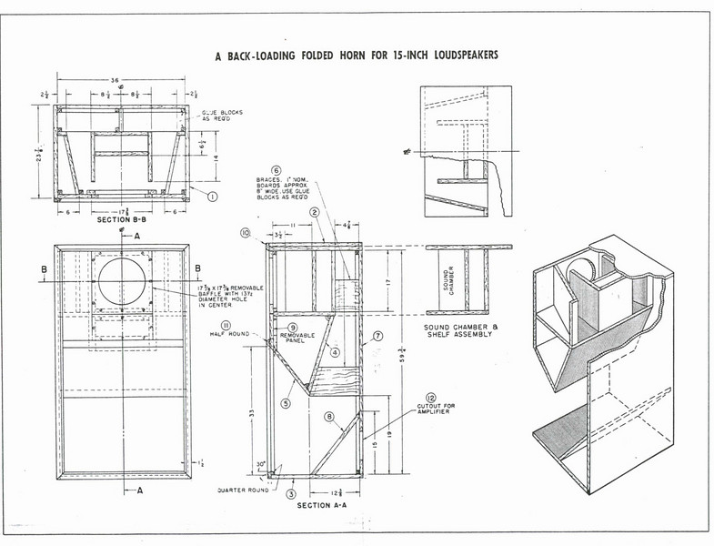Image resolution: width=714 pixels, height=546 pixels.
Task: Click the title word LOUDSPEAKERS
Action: (x=457, y=55)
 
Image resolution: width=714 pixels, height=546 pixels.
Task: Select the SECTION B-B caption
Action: (x=121, y=219)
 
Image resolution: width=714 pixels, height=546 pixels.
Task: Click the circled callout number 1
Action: (x=212, y=195)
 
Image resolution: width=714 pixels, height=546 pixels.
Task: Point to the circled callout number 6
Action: (x=276, y=169)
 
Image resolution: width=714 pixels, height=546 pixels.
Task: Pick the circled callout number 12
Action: (x=430, y=398)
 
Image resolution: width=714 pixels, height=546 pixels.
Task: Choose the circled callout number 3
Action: (x=291, y=493)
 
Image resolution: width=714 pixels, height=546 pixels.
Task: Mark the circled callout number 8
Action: (x=329, y=418)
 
